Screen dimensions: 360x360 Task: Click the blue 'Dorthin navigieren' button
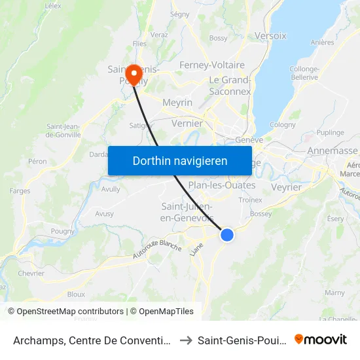tap(180, 160)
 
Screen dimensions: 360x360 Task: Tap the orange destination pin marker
tap(133, 74)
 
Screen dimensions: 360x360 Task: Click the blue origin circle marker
tap(226, 234)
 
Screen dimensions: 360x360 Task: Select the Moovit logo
tap(321, 339)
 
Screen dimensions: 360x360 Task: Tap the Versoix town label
tap(270, 36)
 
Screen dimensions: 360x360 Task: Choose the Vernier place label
tap(187, 123)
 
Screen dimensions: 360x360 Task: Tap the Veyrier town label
tap(286, 187)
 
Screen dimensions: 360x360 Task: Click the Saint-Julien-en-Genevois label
tap(187, 212)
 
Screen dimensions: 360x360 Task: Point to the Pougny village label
tap(63, 231)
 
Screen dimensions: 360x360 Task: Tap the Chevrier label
tap(31, 274)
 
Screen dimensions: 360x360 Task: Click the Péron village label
tap(37, 161)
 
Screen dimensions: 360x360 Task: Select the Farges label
tap(20, 191)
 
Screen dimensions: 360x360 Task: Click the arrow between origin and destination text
tap(186, 340)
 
